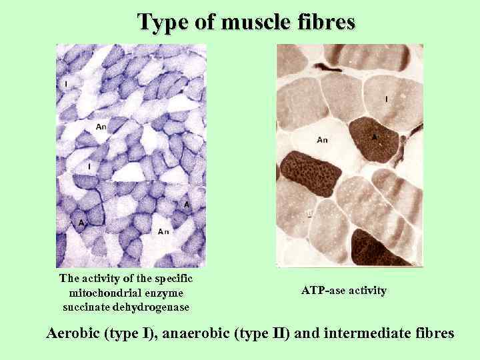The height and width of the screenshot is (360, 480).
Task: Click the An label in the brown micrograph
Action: click(322, 139)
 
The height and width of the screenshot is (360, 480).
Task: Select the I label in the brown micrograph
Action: click(387, 99)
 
